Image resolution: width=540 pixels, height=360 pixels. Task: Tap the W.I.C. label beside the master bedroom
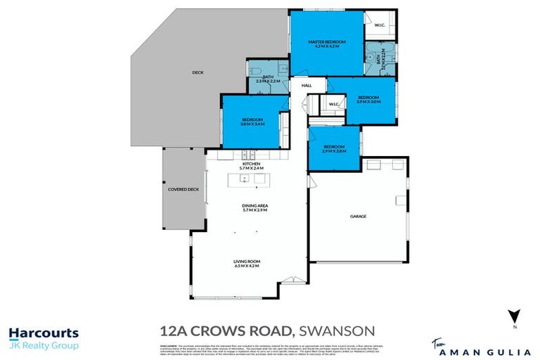379,26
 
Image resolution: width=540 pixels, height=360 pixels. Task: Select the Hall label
307,86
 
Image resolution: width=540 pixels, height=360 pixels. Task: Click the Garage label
359,217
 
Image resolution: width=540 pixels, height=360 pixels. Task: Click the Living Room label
246,262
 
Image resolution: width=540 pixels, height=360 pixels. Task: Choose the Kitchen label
251,164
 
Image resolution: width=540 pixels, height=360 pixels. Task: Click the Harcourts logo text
44,333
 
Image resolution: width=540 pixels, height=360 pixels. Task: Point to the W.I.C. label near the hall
334,105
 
